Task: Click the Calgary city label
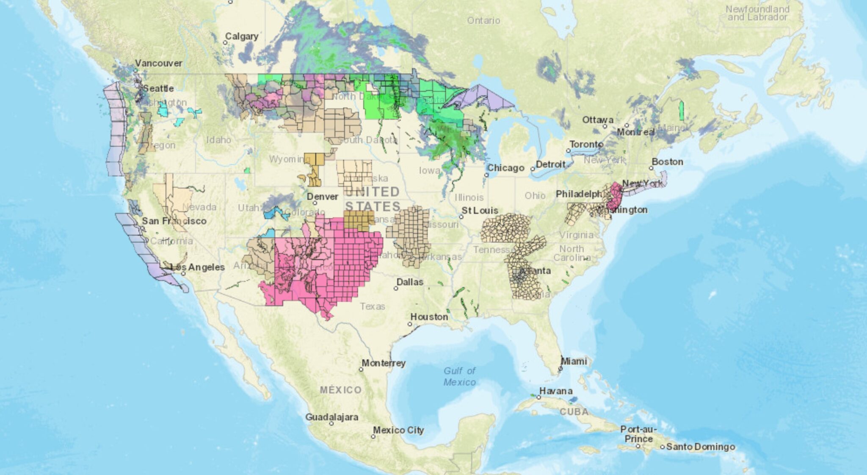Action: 241,36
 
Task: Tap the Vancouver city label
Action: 159,63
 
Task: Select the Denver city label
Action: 323,197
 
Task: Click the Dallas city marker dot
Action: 396,288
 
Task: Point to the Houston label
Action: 429,317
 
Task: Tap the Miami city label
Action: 574,361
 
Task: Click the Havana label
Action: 555,391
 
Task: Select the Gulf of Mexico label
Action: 459,376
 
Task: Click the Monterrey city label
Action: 384,363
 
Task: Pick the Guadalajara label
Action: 332,417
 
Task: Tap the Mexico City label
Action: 398,430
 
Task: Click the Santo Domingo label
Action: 701,447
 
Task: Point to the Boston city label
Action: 667,162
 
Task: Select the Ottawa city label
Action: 598,120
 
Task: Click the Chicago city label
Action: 505,168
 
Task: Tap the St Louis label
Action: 480,211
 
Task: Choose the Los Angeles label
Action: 197,267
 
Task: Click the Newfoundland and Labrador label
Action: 757,13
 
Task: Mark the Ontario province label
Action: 483,20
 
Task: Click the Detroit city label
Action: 550,164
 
